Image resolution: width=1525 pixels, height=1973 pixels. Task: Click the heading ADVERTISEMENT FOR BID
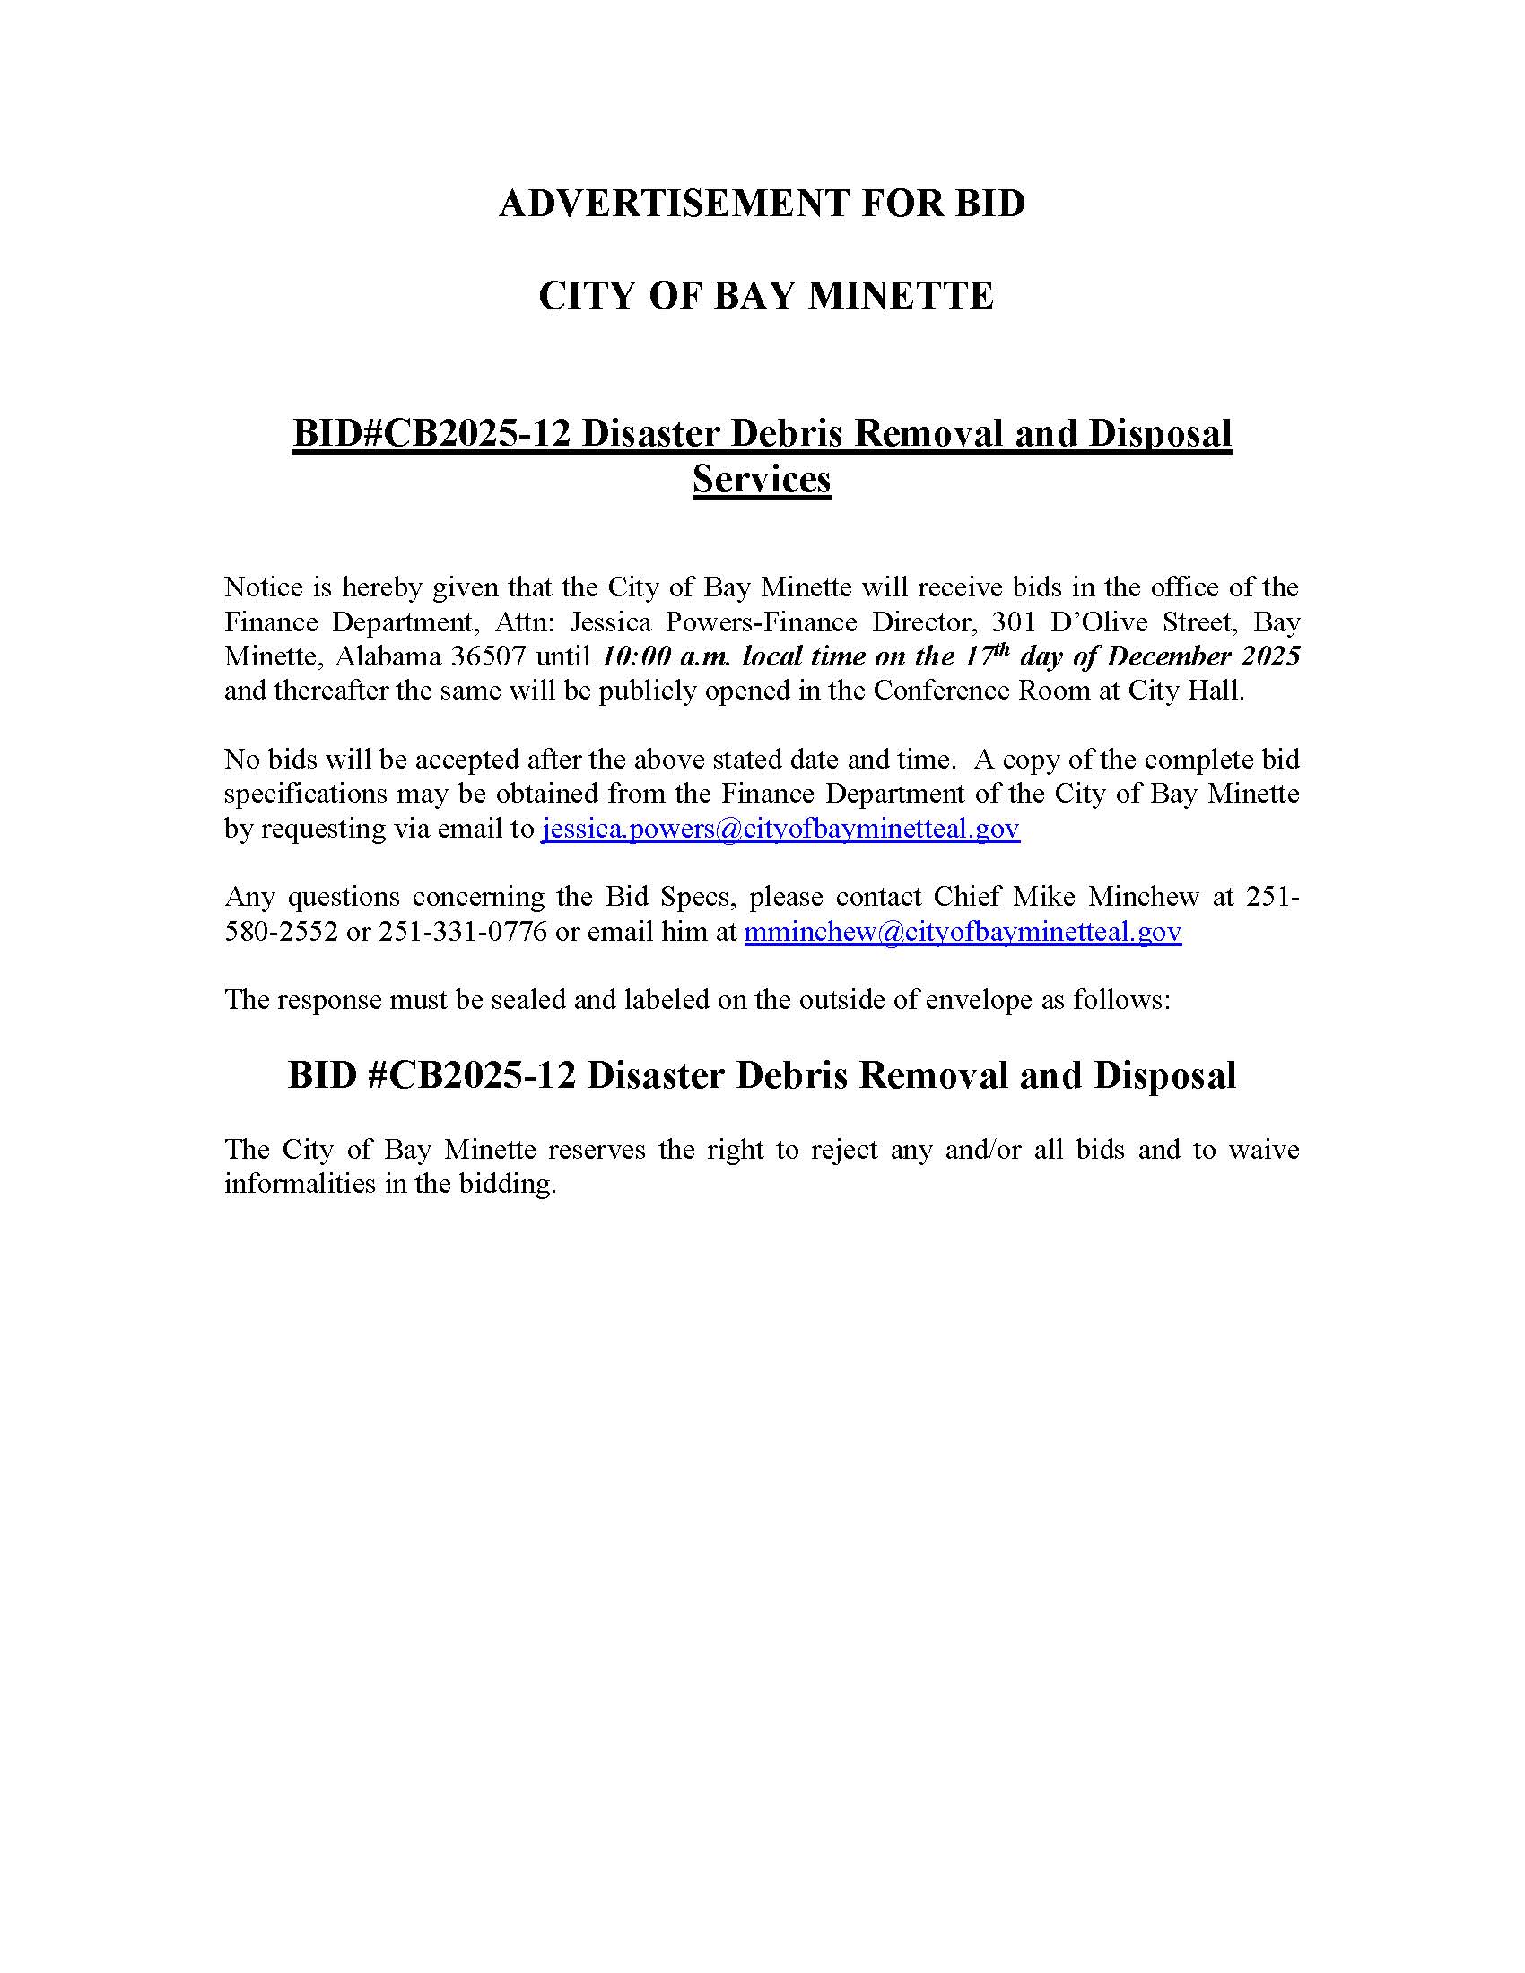click(762, 204)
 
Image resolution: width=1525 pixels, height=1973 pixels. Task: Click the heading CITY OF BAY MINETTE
click(765, 296)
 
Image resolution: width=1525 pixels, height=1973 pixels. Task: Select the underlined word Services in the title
click(762, 479)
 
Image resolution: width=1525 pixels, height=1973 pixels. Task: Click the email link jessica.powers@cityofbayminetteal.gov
click(780, 829)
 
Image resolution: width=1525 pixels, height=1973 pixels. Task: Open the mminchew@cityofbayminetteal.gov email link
click(963, 932)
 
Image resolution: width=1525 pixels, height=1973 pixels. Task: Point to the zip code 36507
click(488, 656)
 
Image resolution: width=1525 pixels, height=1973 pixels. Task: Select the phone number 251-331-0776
click(463, 932)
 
